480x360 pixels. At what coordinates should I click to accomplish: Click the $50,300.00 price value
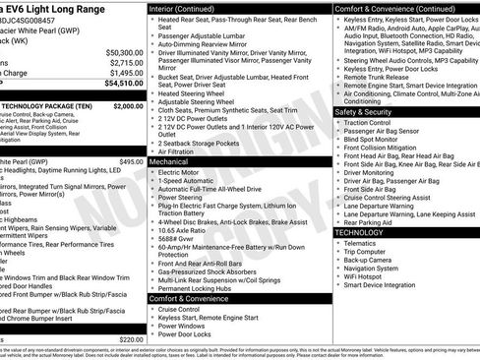[123, 51]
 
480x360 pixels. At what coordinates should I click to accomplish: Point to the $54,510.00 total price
[122, 85]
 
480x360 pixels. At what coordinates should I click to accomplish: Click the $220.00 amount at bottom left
[131, 339]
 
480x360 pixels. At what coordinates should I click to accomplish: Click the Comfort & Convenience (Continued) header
[391, 7]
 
